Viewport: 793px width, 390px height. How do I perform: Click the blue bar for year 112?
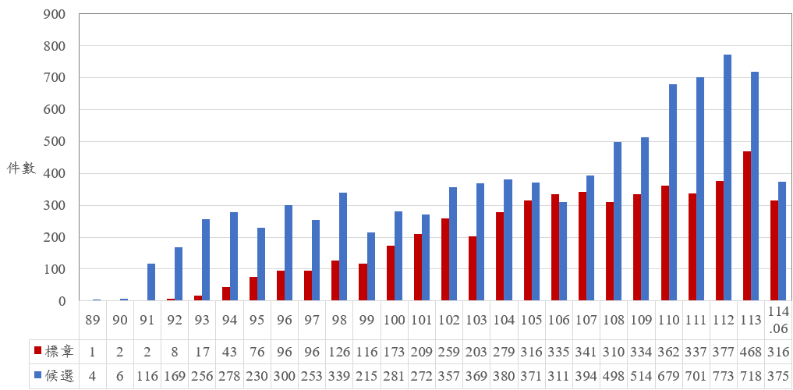pyautogui.click(x=728, y=178)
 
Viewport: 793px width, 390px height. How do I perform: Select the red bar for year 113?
pyautogui.click(x=747, y=226)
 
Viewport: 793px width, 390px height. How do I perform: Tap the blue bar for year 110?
pyautogui.click(x=673, y=193)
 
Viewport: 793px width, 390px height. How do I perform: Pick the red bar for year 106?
pyautogui.click(x=555, y=247)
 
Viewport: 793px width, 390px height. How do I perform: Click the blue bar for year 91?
pyautogui.click(x=151, y=282)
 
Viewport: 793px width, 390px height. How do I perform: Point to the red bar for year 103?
pyautogui.click(x=473, y=268)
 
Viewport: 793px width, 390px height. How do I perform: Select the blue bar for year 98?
pyautogui.click(x=343, y=246)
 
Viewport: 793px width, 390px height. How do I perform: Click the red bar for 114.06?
pyautogui.click(x=774, y=250)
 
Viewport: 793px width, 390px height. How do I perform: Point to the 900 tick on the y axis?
pyautogui.click(x=55, y=14)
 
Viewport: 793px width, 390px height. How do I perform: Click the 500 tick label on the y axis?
pyautogui.click(x=55, y=142)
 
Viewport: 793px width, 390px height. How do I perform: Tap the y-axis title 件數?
pyautogui.click(x=21, y=169)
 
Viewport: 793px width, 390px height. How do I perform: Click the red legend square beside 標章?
pyautogui.click(x=37, y=350)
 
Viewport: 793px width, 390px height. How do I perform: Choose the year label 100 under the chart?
pyautogui.click(x=395, y=321)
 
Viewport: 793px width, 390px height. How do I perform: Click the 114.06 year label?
pyautogui.click(x=779, y=320)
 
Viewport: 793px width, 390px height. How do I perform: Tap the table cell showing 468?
pyautogui.click(x=752, y=350)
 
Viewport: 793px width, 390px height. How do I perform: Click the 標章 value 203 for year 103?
pyautogui.click(x=477, y=350)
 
